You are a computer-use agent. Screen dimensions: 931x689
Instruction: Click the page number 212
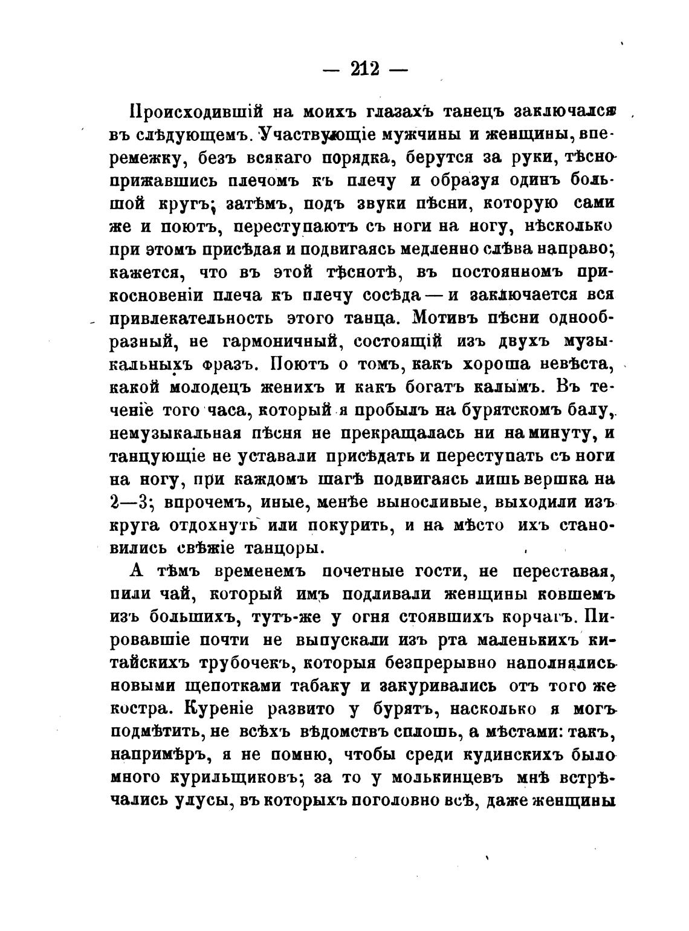pos(364,69)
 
